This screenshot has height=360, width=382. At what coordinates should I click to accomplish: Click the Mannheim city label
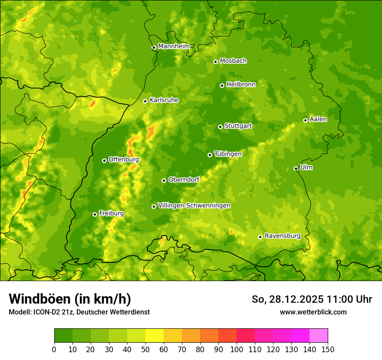[174, 46]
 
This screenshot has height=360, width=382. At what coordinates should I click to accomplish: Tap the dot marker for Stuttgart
[220, 127]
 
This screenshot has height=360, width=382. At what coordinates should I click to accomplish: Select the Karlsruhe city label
[164, 100]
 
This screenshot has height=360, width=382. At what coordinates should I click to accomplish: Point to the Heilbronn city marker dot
[222, 85]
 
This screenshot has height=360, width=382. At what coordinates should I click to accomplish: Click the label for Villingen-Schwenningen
[194, 206]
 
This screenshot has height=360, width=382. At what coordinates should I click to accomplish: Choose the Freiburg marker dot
[95, 214]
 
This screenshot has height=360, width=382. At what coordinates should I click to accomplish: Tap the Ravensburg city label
[282, 236]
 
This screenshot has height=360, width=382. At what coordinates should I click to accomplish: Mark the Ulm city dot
[296, 168]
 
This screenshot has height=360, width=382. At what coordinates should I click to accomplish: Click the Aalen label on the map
[318, 119]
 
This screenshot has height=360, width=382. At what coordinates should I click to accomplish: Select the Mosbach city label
[233, 61]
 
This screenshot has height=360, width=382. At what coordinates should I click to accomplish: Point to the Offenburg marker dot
[104, 160]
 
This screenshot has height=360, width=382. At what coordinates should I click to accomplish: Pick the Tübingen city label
[228, 154]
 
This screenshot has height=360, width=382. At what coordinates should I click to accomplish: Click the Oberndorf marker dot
[164, 180]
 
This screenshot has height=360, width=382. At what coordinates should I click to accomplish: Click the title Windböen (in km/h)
[70, 299]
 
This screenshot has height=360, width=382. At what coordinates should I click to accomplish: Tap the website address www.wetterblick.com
[313, 312]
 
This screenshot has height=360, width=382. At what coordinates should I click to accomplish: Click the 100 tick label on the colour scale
[237, 349]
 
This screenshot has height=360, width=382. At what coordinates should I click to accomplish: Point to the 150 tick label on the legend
[328, 349]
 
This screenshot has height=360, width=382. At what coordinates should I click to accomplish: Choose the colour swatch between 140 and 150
[319, 336]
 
